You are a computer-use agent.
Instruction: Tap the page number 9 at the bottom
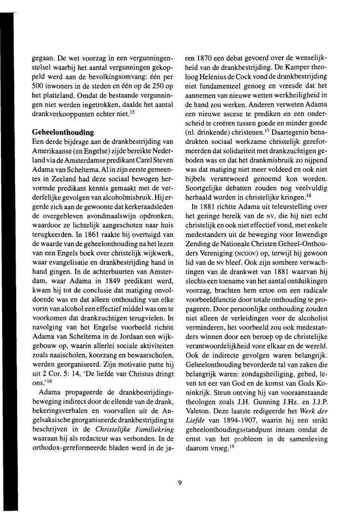pos(180,469)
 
